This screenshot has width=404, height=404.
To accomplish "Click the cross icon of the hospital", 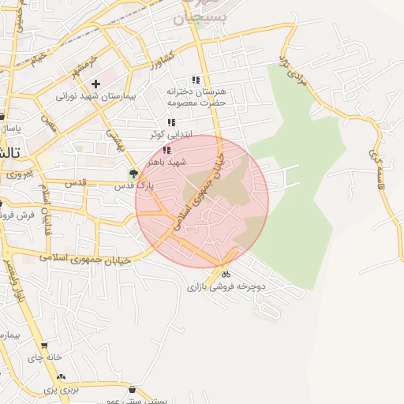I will click(95, 83).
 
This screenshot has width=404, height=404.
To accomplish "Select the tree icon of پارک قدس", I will click(133, 174).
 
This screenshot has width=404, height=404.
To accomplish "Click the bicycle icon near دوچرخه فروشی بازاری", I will click(226, 275).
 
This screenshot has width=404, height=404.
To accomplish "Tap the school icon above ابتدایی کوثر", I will click(172, 122).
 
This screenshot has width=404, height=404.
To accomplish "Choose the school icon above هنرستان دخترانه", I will click(196, 80).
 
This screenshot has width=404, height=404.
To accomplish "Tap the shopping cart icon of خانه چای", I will click(43, 345).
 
